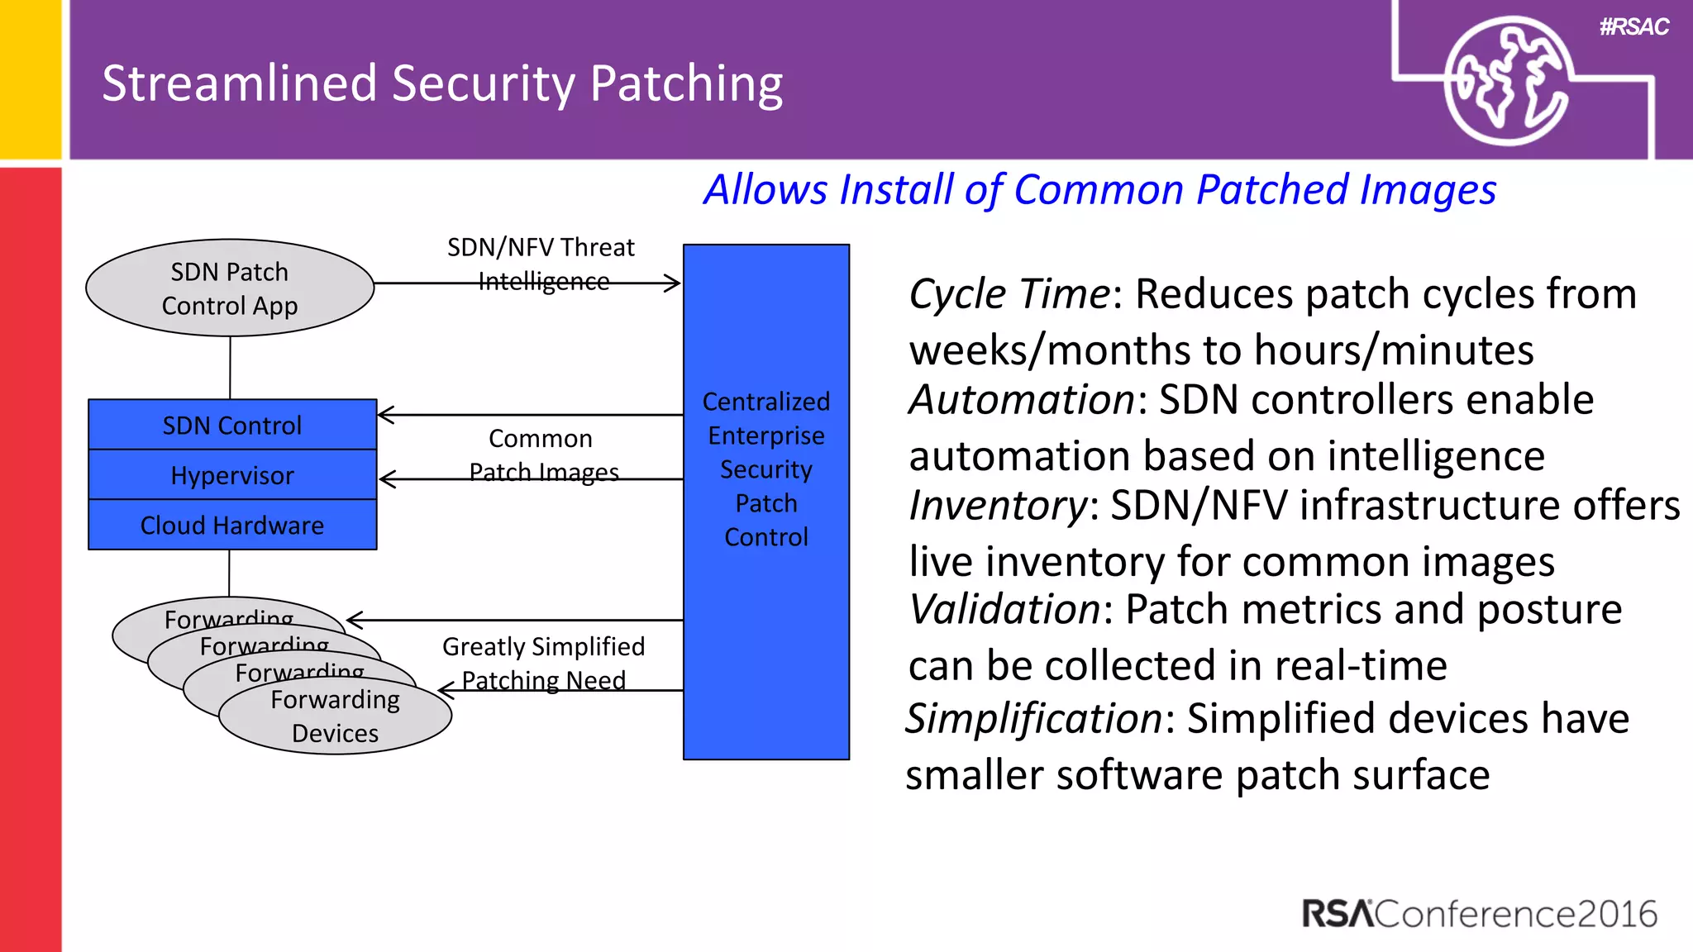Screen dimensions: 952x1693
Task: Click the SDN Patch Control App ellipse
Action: click(230, 288)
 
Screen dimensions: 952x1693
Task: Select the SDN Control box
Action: click(232, 425)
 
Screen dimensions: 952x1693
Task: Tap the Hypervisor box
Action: click(232, 475)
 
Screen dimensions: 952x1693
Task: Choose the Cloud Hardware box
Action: click(232, 525)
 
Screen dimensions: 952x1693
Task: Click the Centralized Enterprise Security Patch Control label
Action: click(766, 469)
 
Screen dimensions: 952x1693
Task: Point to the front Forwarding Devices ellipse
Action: click(335, 716)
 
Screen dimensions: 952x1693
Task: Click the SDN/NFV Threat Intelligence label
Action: click(541, 264)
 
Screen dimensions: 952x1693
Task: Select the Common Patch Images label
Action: click(542, 455)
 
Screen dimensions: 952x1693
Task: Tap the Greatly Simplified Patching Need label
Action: click(543, 663)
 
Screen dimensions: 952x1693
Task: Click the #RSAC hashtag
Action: click(1633, 27)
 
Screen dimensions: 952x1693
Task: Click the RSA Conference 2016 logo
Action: click(1480, 914)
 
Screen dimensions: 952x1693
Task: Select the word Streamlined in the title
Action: click(240, 83)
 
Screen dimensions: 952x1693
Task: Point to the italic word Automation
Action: click(1022, 400)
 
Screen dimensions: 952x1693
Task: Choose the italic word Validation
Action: click(1004, 610)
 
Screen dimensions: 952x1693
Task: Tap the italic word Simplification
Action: click(1034, 718)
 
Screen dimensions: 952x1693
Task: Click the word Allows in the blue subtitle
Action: click(765, 190)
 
